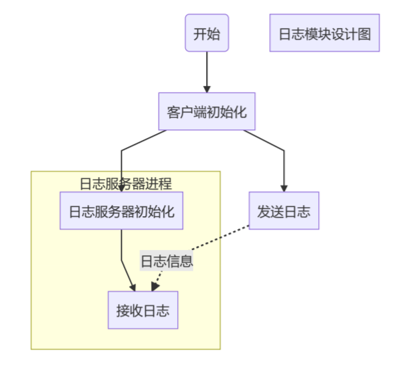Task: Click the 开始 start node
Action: (207, 33)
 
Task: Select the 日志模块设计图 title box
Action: (324, 33)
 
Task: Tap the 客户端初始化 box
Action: (207, 112)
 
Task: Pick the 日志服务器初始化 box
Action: (121, 211)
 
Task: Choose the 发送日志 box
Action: (284, 211)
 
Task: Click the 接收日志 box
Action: (143, 310)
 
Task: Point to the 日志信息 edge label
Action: (167, 262)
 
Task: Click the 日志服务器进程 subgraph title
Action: (125, 184)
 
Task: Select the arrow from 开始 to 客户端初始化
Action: (207, 72)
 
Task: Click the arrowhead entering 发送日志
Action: (284, 187)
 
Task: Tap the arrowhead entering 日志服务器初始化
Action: (121, 188)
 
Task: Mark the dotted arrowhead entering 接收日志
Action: (154, 287)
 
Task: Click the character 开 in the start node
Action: (200, 34)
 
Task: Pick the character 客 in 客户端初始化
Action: (173, 112)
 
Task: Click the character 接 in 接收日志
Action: (123, 310)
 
